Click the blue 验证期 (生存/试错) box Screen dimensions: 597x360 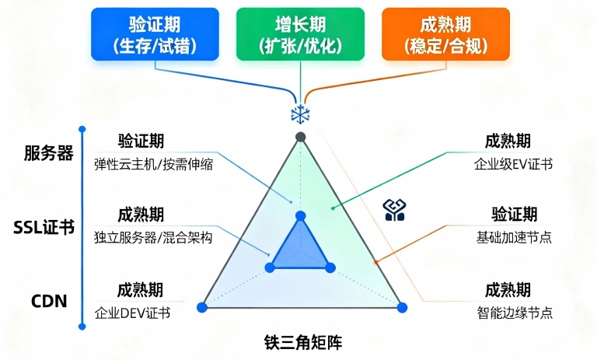click(x=155, y=34)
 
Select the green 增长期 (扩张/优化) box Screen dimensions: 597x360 click(x=300, y=34)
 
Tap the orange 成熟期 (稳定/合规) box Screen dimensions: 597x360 click(x=446, y=34)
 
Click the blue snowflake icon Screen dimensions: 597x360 click(x=300, y=114)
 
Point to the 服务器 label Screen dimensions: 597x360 click(x=48, y=153)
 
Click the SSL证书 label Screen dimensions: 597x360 click(x=44, y=227)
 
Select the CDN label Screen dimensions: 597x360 click(x=49, y=301)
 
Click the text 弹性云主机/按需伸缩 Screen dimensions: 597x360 click(x=153, y=165)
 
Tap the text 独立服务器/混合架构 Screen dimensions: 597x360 click(x=153, y=238)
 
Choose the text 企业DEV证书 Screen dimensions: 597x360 click(x=132, y=313)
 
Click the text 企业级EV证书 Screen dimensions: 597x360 click(x=513, y=164)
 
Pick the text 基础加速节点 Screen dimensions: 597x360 click(x=514, y=237)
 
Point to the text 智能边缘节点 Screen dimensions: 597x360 click(x=515, y=313)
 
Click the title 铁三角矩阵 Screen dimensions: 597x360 click(x=303, y=341)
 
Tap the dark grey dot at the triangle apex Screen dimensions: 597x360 click(x=301, y=137)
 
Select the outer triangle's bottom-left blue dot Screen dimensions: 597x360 click(x=202, y=307)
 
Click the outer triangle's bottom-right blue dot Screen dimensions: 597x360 click(x=402, y=307)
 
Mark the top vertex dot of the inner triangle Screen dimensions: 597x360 click(x=301, y=216)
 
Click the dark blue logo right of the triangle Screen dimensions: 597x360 click(x=394, y=210)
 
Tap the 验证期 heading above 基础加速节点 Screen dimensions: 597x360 click(x=515, y=215)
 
